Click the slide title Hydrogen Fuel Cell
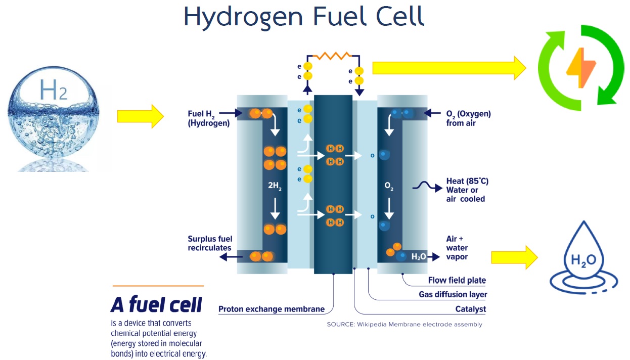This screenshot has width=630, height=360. [303, 16]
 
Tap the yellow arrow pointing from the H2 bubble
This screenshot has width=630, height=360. [140, 116]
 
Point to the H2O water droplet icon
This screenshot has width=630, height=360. [583, 258]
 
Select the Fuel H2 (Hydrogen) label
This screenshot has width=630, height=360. [208, 118]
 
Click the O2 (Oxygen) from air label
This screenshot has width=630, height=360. [468, 118]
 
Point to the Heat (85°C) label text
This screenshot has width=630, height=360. [467, 181]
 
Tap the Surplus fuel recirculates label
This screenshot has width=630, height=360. [209, 243]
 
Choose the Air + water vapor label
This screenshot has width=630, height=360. [457, 248]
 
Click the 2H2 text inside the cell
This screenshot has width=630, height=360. [275, 186]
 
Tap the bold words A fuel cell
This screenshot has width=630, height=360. [156, 304]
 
